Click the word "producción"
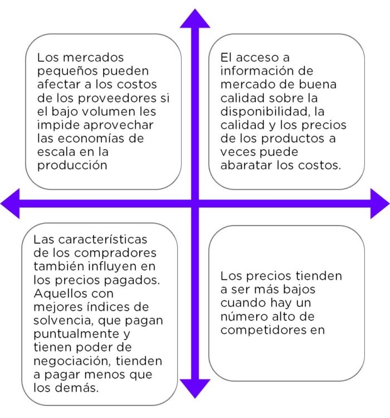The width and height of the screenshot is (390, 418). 72,166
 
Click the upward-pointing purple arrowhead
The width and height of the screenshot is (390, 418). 195,18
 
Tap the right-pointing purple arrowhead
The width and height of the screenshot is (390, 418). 379,203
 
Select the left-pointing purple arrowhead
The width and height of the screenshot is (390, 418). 10,203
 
